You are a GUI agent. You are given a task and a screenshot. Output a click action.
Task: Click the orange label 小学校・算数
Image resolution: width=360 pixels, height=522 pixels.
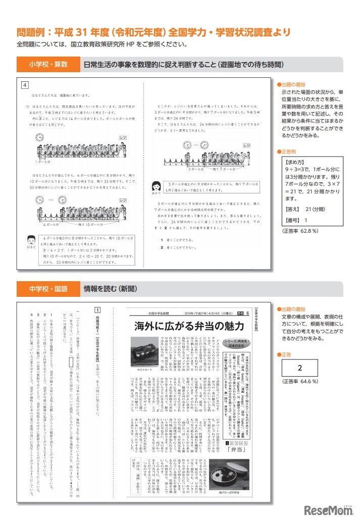click(48, 65)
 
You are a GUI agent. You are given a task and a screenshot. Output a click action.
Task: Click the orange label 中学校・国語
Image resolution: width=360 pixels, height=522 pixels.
click(48, 289)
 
